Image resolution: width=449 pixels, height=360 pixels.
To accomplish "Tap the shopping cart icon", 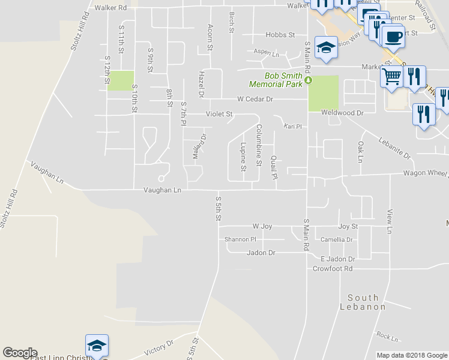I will (391, 77).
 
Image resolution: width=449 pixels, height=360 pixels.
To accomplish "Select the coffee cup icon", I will (393, 37).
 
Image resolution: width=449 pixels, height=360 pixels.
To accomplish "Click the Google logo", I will (19, 353).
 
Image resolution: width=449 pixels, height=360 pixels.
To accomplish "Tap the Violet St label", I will (219, 113).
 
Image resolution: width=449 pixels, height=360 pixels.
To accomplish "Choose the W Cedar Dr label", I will (255, 99).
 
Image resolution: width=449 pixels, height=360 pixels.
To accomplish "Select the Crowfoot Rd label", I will (332, 269).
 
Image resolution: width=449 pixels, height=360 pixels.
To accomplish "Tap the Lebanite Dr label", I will (394, 148).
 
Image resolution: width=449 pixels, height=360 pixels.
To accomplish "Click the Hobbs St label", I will (280, 35).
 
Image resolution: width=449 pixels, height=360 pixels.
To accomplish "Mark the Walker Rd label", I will (111, 8).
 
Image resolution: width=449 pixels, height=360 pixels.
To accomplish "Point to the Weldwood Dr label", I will (343, 113).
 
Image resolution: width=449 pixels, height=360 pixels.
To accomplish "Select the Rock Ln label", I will (388, 338).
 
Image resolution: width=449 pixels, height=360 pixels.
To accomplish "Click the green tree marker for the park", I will (309, 80).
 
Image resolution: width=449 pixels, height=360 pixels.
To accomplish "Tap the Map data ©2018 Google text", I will (412, 355).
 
